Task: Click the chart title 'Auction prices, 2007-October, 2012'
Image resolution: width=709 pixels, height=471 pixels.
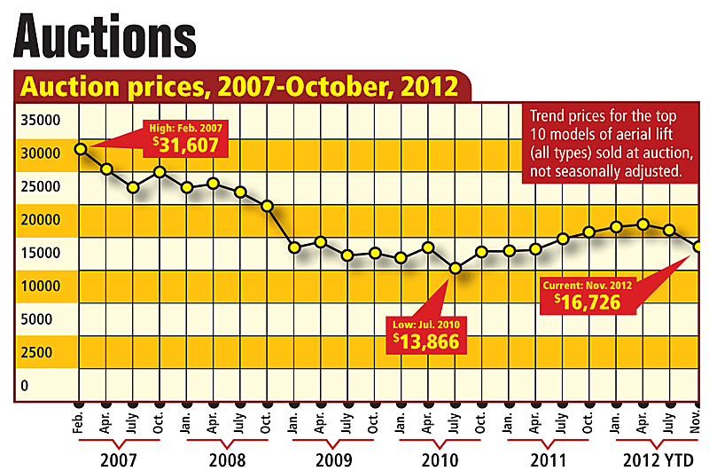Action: tap(239, 87)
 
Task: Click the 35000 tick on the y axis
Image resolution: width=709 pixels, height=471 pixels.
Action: tap(40, 121)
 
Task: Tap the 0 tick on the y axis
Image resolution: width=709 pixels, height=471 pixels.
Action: tap(26, 386)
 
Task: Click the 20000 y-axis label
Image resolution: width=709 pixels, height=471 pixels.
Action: tap(40, 220)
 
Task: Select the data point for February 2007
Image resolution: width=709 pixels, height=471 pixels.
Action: tap(81, 148)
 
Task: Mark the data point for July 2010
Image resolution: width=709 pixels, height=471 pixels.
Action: tap(456, 267)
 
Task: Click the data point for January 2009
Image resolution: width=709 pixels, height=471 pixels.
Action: tap(295, 247)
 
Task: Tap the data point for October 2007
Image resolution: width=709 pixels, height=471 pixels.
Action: tap(160, 171)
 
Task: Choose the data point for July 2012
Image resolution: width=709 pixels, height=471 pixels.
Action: tap(670, 230)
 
